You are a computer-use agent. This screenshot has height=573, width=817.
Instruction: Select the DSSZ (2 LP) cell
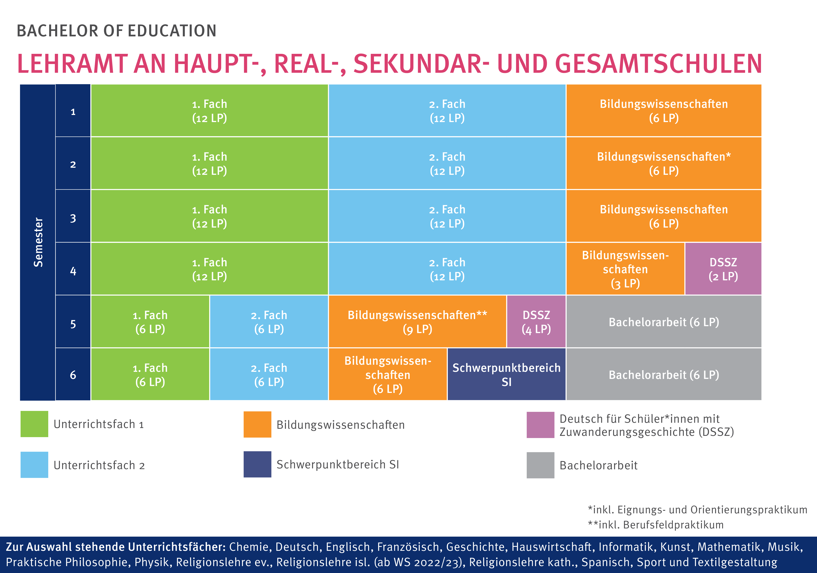pyautogui.click(x=723, y=269)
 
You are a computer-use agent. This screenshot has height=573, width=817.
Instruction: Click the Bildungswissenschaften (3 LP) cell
pyautogui.click(x=625, y=269)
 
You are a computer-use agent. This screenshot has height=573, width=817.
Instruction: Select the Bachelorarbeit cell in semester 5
pyautogui.click(x=664, y=322)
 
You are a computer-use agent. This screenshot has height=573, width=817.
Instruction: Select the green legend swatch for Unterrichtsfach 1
pyautogui.click(x=34, y=424)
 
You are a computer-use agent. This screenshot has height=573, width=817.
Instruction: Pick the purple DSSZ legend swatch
pyautogui.click(x=540, y=425)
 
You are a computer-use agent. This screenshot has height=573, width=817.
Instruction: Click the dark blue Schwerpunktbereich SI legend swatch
pyautogui.click(x=257, y=464)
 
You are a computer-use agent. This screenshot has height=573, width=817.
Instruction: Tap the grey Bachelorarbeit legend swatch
pyautogui.click(x=540, y=465)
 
